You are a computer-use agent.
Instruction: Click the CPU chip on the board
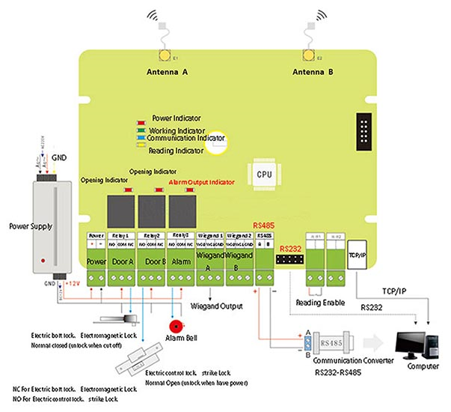264,173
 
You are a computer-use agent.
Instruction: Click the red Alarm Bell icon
177,327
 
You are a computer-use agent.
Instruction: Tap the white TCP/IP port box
358,257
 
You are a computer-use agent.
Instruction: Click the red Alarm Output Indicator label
201,182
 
